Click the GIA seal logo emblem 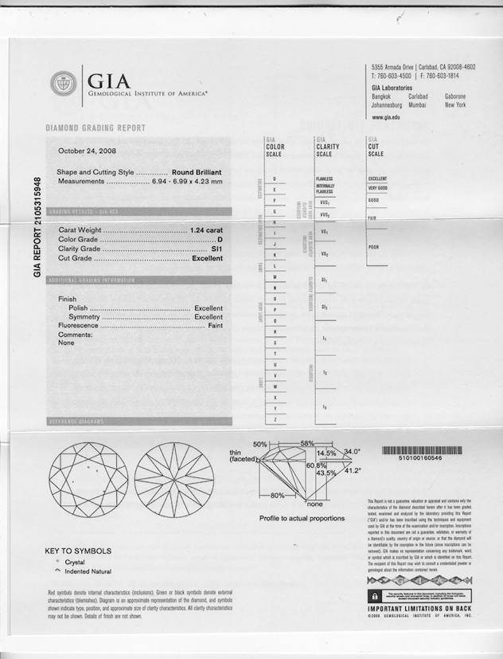64,84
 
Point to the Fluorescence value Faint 215,326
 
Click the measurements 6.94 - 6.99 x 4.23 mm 187,182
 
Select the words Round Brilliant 197,172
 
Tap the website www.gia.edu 386,116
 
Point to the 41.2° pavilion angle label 353,471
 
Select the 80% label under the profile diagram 277,496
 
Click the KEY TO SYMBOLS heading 78,551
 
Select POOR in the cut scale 373,247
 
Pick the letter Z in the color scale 275,419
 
